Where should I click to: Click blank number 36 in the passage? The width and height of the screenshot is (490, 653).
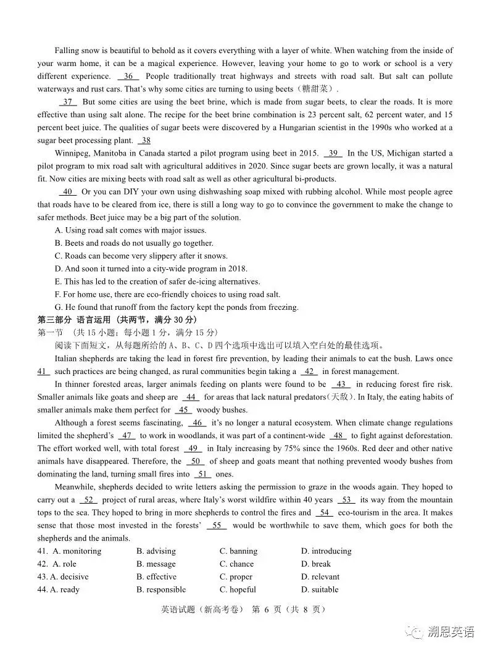[128, 77]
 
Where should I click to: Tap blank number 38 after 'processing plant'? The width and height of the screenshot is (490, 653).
[145, 141]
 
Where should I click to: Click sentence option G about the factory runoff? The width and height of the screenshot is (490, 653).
[176, 307]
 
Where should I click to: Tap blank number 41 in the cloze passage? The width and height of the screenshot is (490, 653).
[43, 372]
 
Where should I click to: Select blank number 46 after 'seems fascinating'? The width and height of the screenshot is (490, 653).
[197, 423]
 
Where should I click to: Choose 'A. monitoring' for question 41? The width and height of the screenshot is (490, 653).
[77, 551]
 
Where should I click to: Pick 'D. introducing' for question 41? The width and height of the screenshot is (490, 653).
[326, 551]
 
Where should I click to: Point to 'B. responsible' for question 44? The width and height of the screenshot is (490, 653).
[161, 589]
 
